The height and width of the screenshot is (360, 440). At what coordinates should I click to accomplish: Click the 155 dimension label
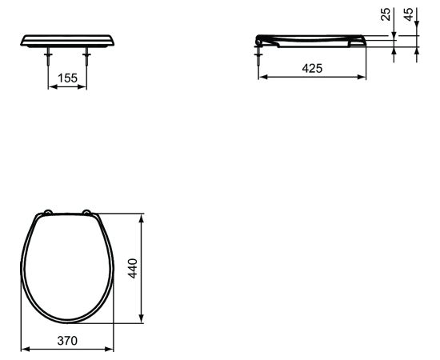tap(67, 78)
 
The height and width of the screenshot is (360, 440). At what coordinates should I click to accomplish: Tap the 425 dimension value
tap(312, 68)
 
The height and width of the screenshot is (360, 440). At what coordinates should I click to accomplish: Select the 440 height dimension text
tap(133, 268)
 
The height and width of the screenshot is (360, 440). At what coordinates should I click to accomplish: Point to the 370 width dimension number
tap(67, 341)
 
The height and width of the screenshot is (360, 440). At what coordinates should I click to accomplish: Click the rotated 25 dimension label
tap(386, 14)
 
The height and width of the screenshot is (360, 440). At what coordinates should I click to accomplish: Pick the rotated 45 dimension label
tap(409, 14)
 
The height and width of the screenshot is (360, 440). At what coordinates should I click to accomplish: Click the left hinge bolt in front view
tap(49, 56)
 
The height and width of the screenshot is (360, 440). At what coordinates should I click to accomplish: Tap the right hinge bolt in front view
tap(86, 56)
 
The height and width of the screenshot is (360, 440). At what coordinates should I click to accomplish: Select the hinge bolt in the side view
tap(258, 56)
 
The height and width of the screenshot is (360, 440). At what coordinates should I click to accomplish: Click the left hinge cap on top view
tap(48, 213)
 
